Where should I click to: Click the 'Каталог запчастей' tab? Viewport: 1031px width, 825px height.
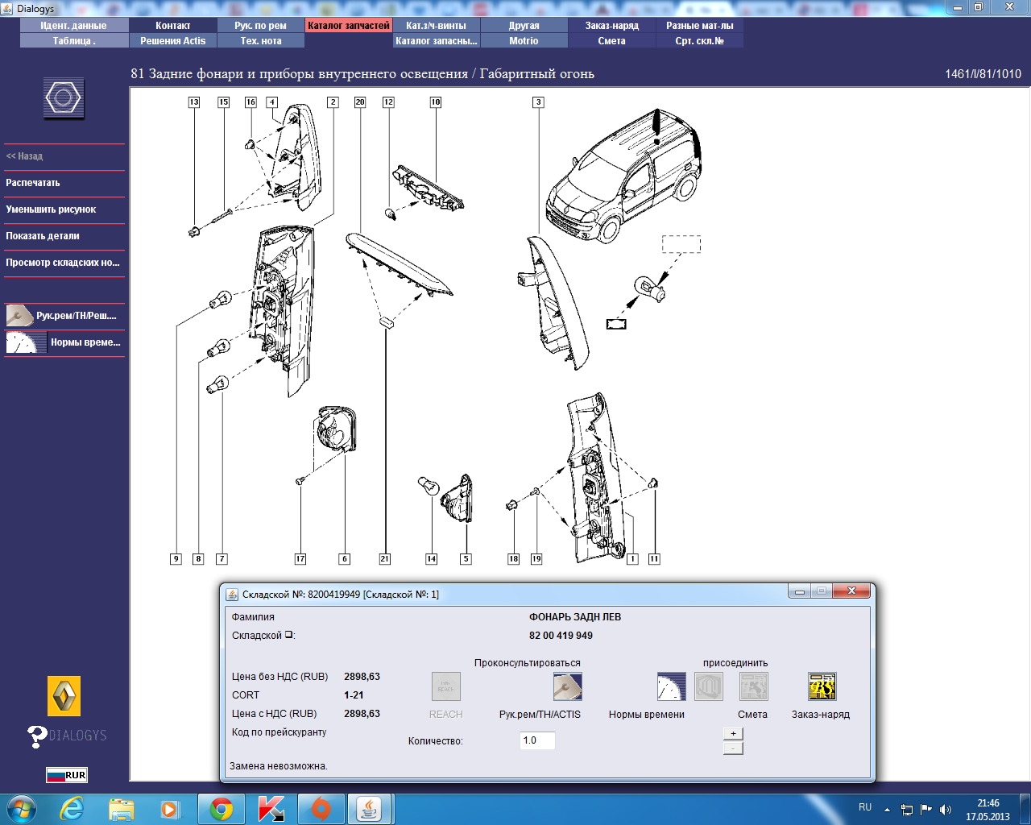[x=348, y=26]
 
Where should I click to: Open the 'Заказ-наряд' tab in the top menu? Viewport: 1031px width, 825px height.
[x=611, y=26]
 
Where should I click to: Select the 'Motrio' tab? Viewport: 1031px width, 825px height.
[x=524, y=41]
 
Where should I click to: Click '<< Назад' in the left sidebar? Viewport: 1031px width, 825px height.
[x=24, y=156]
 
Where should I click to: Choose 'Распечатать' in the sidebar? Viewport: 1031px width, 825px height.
[x=32, y=183]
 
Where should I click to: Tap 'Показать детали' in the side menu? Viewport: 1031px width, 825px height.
[x=43, y=236]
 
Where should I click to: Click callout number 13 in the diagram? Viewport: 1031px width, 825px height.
[x=194, y=102]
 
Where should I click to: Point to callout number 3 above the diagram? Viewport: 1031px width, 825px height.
[x=539, y=102]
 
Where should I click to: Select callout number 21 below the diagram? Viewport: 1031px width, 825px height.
[x=385, y=558]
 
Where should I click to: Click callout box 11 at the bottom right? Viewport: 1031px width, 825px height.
[x=654, y=558]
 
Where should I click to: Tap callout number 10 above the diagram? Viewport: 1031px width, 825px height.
[x=436, y=102]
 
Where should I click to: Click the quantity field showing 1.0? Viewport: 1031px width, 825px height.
[x=537, y=740]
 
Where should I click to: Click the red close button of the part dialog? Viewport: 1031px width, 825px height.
[x=851, y=591]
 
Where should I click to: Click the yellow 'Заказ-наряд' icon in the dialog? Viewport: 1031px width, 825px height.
[x=822, y=686]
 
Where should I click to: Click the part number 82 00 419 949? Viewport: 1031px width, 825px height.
[x=561, y=636]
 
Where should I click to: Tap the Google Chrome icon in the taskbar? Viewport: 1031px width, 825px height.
[x=221, y=810]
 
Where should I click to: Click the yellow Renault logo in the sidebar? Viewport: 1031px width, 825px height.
[x=64, y=696]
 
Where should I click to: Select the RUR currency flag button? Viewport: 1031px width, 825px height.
[x=67, y=775]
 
